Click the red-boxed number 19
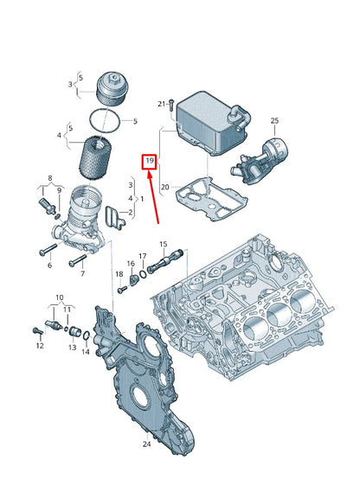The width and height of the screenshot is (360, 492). click(150, 162)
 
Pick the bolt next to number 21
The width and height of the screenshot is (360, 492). click(172, 106)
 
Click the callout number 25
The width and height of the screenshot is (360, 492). click(274, 120)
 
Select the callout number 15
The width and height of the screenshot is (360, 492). click(162, 245)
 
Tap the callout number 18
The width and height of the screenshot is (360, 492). click(119, 274)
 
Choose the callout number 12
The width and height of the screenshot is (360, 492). click(39, 346)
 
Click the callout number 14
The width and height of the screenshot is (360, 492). click(85, 351)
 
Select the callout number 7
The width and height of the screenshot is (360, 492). click(83, 273)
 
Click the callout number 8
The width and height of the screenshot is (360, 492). click(49, 177)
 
